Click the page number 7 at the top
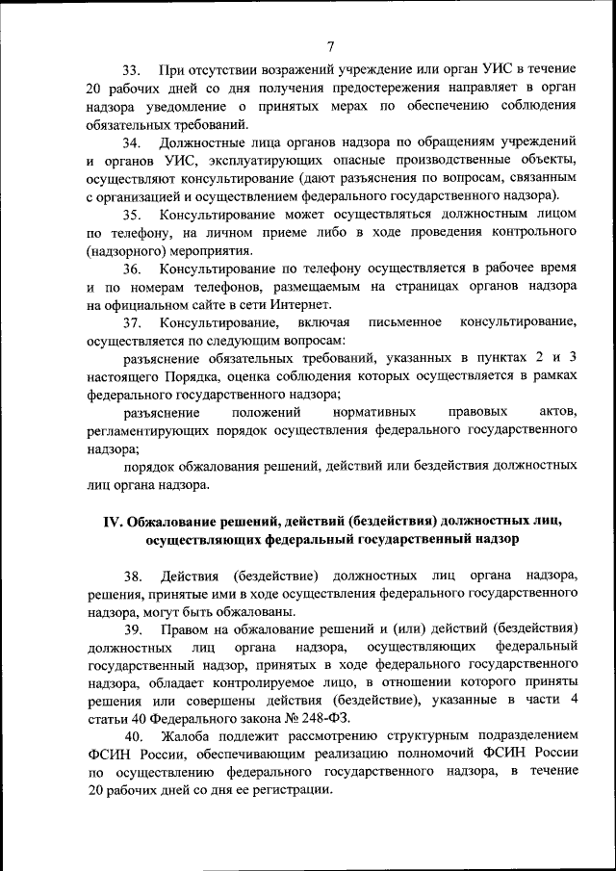[330, 44]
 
